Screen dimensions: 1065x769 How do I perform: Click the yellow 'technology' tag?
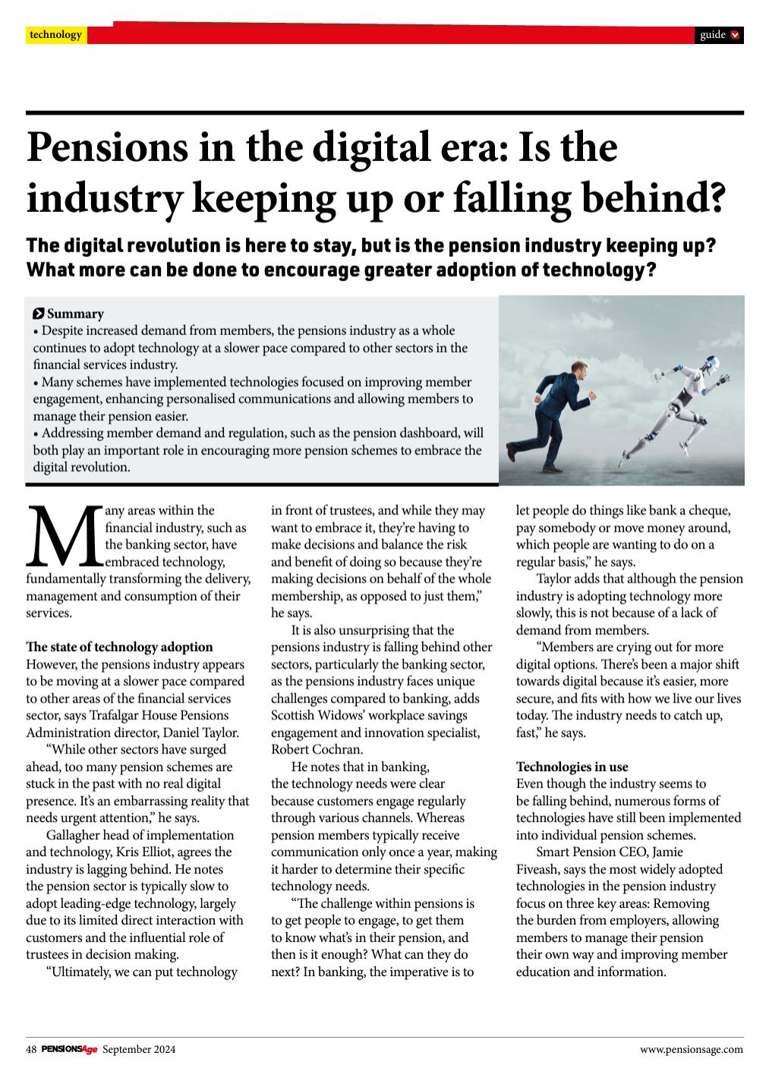point(55,35)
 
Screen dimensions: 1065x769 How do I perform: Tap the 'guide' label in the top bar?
point(713,35)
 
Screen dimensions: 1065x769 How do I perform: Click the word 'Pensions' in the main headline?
point(107,147)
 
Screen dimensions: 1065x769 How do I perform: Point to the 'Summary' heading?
point(74,314)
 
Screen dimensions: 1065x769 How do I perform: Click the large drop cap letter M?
point(64,536)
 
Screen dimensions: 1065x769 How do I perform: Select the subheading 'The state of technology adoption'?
point(119,646)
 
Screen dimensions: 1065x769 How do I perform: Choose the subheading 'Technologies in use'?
point(572,766)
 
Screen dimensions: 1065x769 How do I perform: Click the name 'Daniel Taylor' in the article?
point(201,732)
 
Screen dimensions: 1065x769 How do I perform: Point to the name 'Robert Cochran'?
point(317,749)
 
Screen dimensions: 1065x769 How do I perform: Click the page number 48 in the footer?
point(31,1049)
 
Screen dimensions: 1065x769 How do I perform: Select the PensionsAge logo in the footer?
point(69,1049)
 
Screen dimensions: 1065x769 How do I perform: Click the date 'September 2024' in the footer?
point(139,1049)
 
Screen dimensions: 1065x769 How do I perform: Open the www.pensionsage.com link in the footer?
point(691,1049)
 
